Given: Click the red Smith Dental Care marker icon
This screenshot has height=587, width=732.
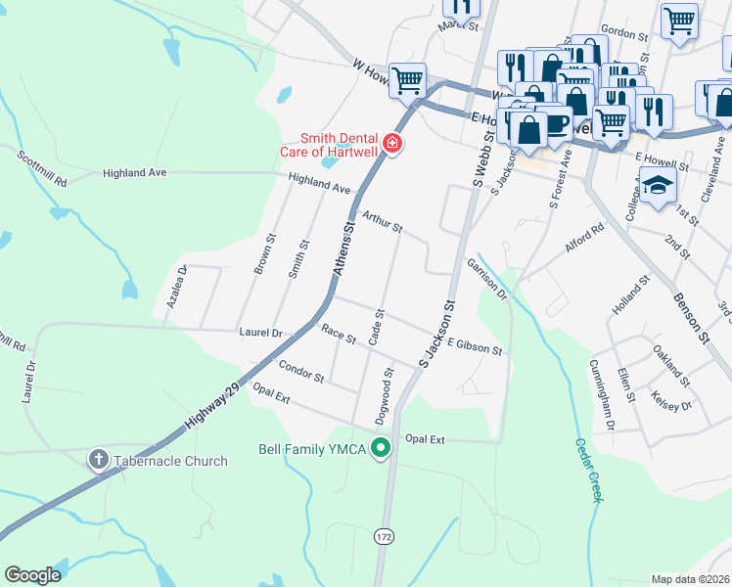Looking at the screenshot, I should (x=392, y=145).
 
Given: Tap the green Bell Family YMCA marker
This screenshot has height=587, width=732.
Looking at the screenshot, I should (x=382, y=449).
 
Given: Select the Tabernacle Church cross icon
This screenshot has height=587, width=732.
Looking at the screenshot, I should (x=99, y=460).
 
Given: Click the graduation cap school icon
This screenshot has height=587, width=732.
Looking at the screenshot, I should (x=658, y=183).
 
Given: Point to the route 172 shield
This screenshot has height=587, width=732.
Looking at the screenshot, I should (x=385, y=535).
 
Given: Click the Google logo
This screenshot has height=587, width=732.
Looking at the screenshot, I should (x=32, y=575).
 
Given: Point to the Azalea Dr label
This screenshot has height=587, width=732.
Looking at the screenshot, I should (x=176, y=287).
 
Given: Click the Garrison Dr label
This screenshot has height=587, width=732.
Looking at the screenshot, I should (x=487, y=278).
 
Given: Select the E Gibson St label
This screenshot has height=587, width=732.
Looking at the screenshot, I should (x=475, y=347).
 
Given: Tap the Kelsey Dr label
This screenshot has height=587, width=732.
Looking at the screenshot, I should (x=671, y=400).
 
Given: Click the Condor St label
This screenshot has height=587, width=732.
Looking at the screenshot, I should (x=301, y=371).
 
